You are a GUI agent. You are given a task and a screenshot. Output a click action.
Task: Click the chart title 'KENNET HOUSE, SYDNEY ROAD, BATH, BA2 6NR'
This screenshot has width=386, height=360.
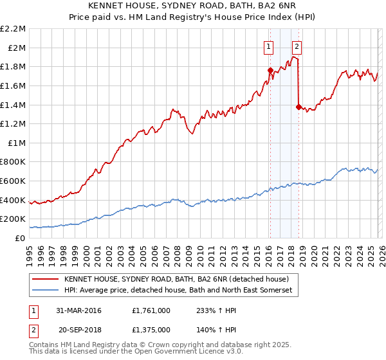pos(193,6)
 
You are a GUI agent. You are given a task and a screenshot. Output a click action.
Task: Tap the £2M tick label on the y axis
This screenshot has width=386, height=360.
pos(17,48)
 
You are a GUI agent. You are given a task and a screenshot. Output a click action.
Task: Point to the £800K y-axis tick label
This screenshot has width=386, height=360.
pos(14,162)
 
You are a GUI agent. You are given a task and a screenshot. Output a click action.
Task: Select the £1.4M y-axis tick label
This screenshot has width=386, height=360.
pos(14,105)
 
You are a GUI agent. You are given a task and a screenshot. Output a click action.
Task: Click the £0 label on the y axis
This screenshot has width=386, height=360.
pos(20,239)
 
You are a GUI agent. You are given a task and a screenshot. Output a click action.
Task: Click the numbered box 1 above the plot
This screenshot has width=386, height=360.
pos(268,46)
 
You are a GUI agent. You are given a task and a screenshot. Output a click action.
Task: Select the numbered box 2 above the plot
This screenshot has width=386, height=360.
pos(297,46)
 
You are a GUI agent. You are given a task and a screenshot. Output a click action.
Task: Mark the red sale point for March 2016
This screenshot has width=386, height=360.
pos(270,70)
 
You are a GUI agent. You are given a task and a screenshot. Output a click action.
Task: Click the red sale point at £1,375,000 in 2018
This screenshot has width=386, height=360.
pos(299,107)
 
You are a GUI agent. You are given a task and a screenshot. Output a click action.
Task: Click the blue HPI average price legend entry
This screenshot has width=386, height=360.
pos(178,291)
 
